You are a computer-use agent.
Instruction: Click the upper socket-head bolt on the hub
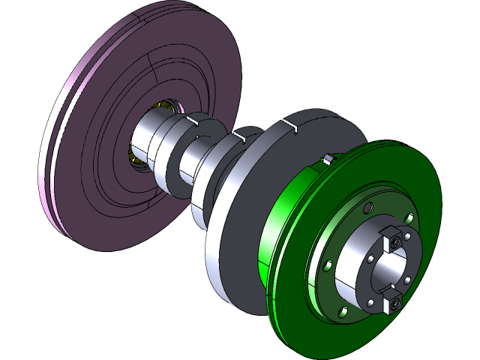coord(392,241)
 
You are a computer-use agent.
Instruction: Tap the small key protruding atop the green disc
coord(327,159)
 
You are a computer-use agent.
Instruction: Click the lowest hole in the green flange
coord(342,310)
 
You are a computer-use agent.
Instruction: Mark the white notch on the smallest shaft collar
coord(192,120)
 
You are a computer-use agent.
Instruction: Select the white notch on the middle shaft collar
coord(239,136)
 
